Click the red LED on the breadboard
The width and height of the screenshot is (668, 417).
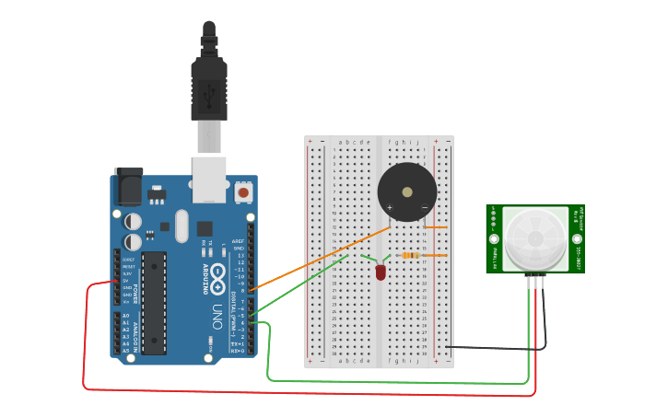point(381,272)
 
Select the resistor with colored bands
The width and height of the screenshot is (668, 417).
point(410,255)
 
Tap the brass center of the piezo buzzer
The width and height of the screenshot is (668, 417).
point(407,191)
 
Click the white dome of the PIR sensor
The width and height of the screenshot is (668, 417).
point(535,237)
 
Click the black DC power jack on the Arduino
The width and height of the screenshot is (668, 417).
point(127,188)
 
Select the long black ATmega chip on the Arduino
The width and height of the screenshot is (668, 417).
point(154,302)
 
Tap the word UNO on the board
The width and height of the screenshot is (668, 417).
point(217,310)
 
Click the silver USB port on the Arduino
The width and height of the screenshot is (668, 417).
point(209,180)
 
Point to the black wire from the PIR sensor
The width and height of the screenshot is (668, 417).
point(498,348)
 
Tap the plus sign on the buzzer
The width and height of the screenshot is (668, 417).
point(390,208)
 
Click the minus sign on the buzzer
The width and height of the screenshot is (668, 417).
point(424,208)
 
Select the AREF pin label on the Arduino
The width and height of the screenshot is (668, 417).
point(239,241)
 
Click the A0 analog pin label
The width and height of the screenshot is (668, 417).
point(126,316)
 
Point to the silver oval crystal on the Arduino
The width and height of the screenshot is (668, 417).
point(181,225)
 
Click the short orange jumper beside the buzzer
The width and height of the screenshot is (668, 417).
point(436,226)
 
